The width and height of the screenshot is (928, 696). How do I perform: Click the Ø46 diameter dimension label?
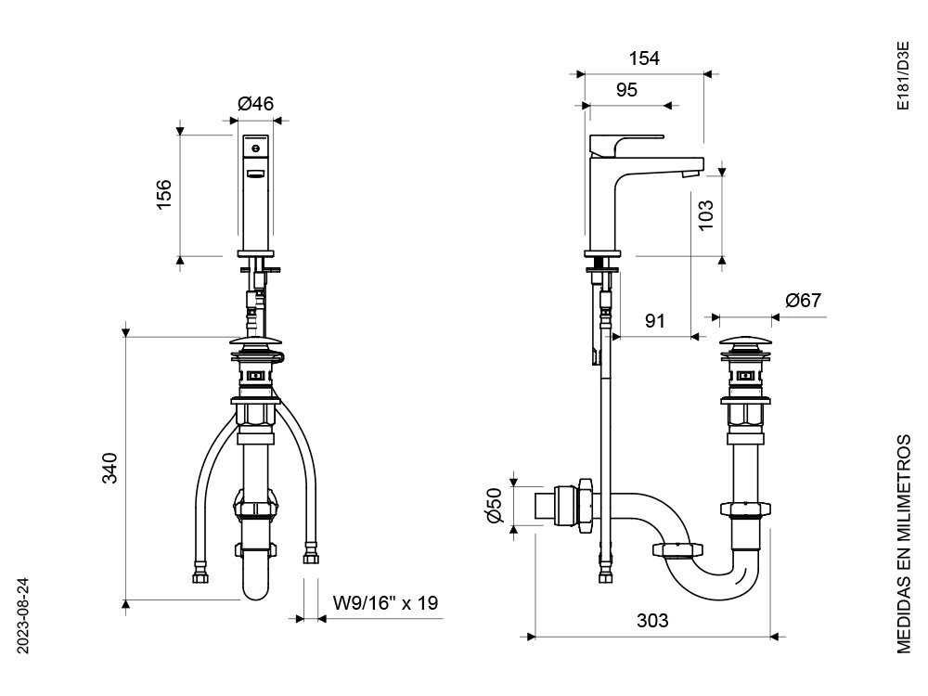[256, 104]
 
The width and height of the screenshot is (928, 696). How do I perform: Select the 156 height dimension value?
[163, 194]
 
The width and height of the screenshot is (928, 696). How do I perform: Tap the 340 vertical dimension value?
[110, 468]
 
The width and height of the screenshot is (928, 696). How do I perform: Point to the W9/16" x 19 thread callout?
[385, 602]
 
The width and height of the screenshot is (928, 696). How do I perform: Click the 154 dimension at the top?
[644, 58]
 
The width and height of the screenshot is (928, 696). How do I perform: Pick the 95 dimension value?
[626, 89]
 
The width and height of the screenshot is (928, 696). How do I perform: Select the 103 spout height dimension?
[705, 215]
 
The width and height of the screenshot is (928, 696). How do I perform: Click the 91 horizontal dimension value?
[654, 321]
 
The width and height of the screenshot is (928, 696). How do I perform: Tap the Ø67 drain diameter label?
[803, 300]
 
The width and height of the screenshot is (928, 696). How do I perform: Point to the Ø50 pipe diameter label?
[495, 505]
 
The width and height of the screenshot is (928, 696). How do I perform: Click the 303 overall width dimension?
[652, 620]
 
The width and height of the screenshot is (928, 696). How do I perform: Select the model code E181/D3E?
[903, 76]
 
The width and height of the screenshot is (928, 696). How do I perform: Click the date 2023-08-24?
[23, 616]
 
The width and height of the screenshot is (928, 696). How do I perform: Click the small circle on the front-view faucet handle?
[256, 148]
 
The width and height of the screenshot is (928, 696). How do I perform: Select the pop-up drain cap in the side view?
[746, 342]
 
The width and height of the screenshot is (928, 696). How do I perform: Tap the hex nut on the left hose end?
[200, 576]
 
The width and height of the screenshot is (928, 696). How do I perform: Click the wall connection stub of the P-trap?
[545, 505]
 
